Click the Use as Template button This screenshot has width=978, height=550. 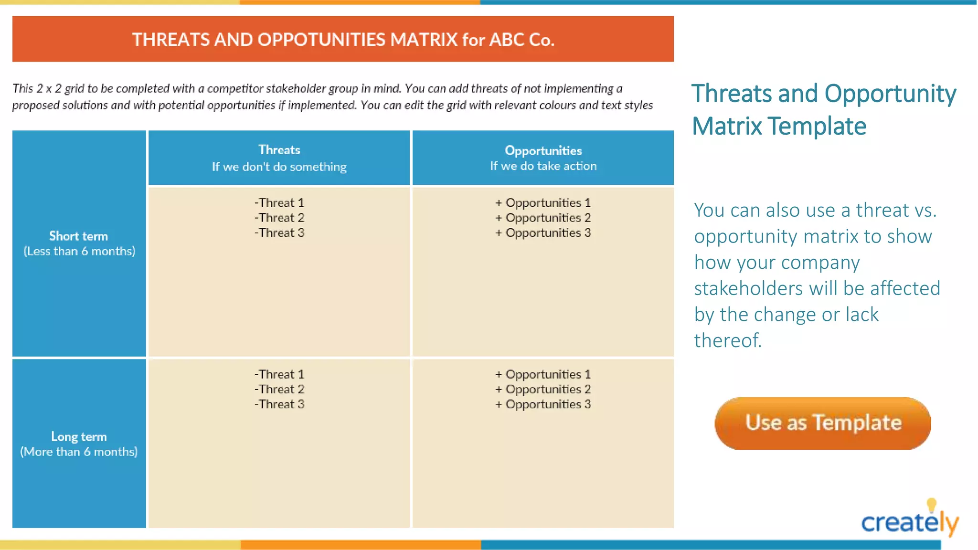(x=822, y=423)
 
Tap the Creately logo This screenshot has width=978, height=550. (x=909, y=521)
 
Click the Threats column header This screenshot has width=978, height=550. (x=279, y=150)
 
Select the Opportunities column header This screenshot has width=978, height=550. (x=543, y=151)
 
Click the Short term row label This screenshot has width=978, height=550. (x=79, y=236)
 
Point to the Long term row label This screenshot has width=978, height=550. (x=79, y=436)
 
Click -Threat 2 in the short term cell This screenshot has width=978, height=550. (x=279, y=218)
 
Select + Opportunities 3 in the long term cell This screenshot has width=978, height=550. (x=543, y=404)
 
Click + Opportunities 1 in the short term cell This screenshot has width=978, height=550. (x=543, y=203)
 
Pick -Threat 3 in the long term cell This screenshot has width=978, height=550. (x=279, y=404)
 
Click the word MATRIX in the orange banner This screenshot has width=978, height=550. (x=424, y=40)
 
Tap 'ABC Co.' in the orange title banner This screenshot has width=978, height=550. (x=521, y=40)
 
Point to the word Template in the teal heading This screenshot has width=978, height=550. (x=817, y=127)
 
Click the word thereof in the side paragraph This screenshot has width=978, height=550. (x=727, y=340)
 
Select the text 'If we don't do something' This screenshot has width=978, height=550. (x=279, y=167)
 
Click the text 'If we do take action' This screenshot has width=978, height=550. (x=543, y=166)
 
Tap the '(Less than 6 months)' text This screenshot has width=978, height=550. (x=79, y=251)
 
